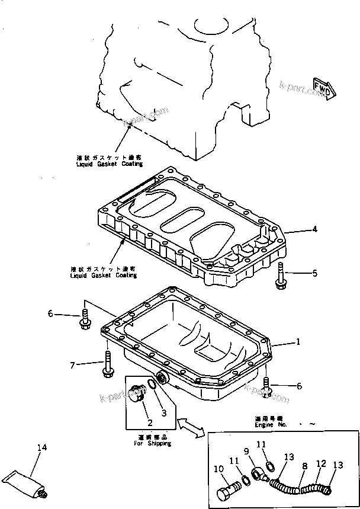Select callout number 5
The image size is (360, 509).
(x=314, y=273)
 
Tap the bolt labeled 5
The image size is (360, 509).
(x=280, y=277)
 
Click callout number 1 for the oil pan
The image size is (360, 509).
(x=298, y=342)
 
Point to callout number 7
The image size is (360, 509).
(x=73, y=366)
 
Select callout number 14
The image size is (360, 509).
(x=41, y=448)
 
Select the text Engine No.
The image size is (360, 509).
(x=265, y=425)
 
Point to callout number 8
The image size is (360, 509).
(x=304, y=466)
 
